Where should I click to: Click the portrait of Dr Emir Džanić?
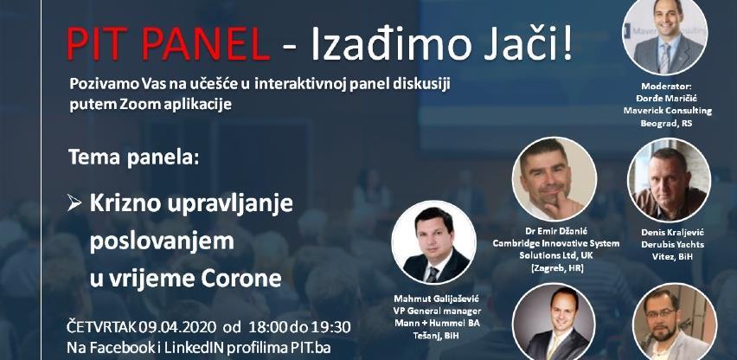click(554, 179)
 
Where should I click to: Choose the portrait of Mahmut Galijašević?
click(434, 243)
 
